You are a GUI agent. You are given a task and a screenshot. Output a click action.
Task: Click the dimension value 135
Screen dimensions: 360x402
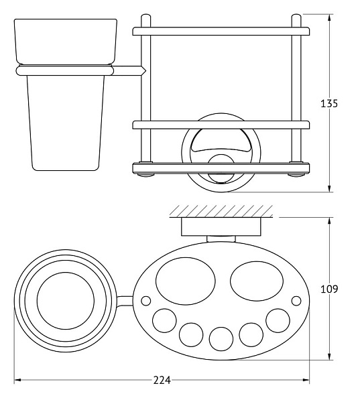pos(329,104)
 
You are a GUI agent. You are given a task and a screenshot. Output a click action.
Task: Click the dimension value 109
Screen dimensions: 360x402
pos(329,289)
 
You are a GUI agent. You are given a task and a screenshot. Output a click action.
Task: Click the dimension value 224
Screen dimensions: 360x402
pos(162,380)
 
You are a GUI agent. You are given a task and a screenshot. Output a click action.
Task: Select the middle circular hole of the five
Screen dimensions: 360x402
pos(221,339)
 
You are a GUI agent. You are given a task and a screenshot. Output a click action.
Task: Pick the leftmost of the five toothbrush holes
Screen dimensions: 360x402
pos(164,321)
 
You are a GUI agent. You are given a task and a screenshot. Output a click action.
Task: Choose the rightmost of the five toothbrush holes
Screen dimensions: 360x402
pos(278,321)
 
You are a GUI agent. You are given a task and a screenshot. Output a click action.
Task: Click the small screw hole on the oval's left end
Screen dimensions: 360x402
pos(146,301)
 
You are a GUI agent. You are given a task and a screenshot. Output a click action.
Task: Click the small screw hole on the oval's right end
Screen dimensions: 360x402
pos(296,301)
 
